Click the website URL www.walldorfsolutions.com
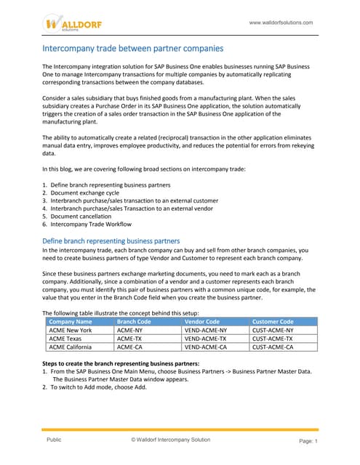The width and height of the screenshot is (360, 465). coord(281,23)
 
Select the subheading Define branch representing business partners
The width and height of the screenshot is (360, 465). coord(111,240)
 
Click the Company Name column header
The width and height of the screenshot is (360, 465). coord(70,320)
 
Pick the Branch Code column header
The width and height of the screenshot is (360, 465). coord(134,320)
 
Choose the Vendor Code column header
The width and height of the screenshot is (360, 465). coord(202,320)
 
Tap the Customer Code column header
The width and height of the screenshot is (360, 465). coord(273,320)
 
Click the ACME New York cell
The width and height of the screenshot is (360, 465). coord(71,330)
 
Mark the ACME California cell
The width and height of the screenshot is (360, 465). coord(72,347)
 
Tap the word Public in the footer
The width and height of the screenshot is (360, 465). coord(54,440)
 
